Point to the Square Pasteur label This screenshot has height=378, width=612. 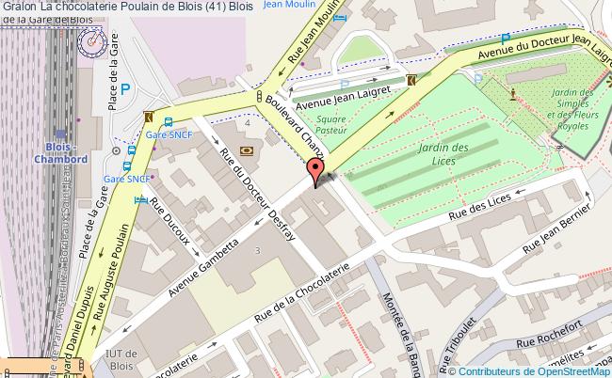[x=332, y=125]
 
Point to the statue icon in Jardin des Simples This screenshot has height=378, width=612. [x=512, y=93]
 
